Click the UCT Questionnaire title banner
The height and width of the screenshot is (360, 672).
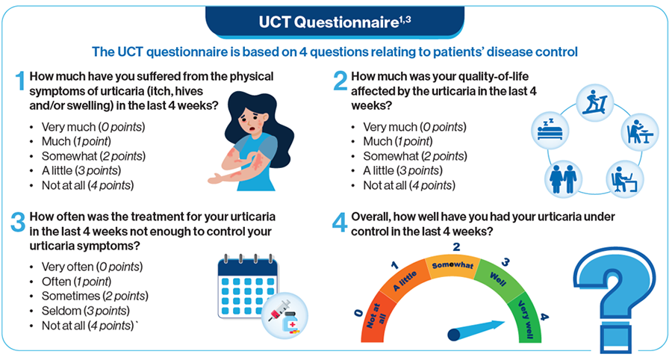(x=335, y=22)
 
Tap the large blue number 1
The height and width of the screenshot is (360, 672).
(x=19, y=81)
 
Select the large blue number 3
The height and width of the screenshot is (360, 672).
(x=18, y=222)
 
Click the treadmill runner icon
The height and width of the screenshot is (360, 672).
(x=594, y=103)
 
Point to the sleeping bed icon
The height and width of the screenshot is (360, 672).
(x=550, y=130)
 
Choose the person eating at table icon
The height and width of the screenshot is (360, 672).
(x=639, y=132)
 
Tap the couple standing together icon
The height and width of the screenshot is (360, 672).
(x=563, y=179)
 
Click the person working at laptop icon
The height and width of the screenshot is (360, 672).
(x=625, y=179)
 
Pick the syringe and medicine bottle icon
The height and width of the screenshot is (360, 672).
(x=284, y=316)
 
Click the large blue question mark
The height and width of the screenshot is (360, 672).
(x=615, y=300)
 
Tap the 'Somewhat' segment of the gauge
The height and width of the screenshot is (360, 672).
(x=452, y=266)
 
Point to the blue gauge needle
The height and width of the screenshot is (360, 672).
(x=476, y=330)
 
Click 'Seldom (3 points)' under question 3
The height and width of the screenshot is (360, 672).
(x=86, y=311)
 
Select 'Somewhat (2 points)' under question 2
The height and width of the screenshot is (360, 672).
(x=415, y=156)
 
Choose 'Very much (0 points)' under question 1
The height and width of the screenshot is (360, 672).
(x=93, y=127)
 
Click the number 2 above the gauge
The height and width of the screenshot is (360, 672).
(x=456, y=247)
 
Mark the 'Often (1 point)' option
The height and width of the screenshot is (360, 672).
(x=76, y=282)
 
